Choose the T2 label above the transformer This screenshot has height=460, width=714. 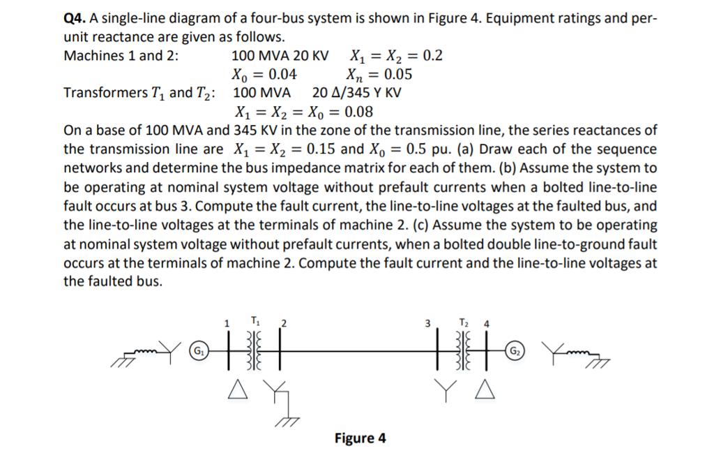[x=464, y=320]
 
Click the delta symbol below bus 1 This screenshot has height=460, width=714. [x=235, y=393]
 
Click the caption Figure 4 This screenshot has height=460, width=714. [x=360, y=438]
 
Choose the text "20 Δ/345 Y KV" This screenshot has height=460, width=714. [x=356, y=93]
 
